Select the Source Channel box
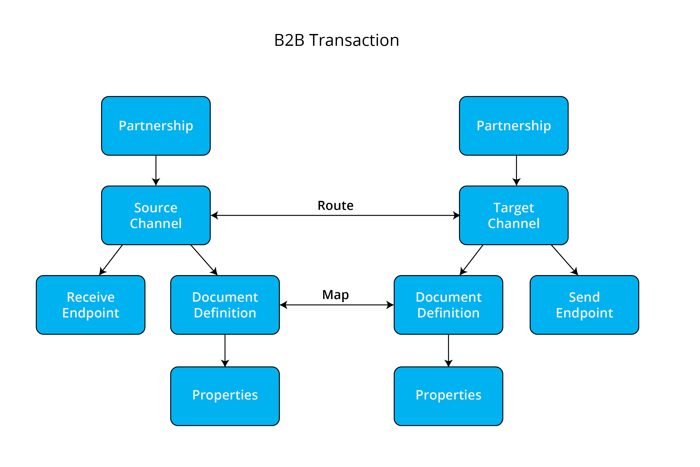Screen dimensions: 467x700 (x=156, y=215)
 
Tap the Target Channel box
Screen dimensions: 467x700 (x=513, y=215)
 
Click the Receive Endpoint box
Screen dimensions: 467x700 (x=91, y=305)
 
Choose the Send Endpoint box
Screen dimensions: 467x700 (x=584, y=305)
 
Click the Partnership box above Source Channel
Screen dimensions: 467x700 (x=156, y=126)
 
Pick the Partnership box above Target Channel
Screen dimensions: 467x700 (x=513, y=126)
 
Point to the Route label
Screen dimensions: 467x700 (x=336, y=205)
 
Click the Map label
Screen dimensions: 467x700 (x=336, y=295)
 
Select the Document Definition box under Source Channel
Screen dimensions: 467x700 (x=225, y=305)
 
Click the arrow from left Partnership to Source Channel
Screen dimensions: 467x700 (x=156, y=170)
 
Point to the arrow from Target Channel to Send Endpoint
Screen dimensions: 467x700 (x=564, y=259)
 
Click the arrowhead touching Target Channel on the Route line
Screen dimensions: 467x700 (x=456, y=215)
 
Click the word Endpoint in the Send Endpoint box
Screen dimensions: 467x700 (x=584, y=313)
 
